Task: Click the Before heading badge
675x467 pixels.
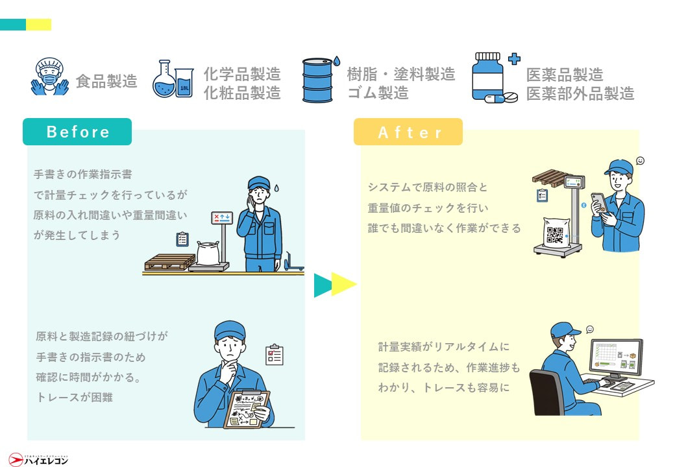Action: coord(77,132)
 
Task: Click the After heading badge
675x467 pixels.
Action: coord(408,132)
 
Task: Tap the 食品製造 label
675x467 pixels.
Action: coord(106,81)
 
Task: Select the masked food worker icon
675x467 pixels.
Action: coord(50,77)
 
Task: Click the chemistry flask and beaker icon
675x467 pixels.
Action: coord(173,80)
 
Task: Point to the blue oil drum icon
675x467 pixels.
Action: coord(318,80)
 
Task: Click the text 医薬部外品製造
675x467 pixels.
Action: coord(580,93)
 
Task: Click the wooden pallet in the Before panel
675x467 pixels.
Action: coord(169,261)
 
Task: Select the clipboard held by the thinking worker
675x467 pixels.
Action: coord(247,408)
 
